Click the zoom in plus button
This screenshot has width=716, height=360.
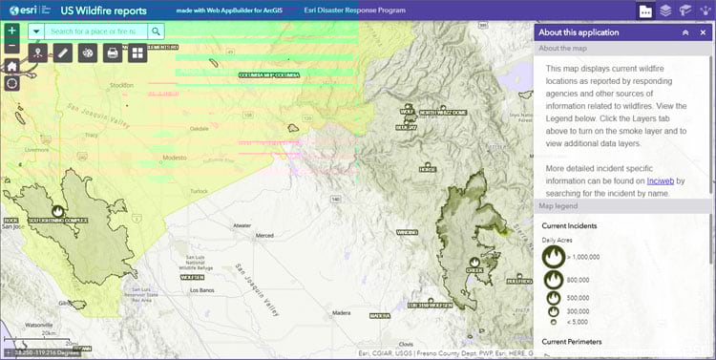[11, 32]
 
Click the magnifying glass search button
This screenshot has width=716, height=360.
[156, 32]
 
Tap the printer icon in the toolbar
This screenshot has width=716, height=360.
[113, 53]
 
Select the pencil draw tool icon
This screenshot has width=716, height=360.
[62, 53]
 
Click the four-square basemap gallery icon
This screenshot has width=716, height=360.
[137, 53]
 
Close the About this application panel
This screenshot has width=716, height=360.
[703, 32]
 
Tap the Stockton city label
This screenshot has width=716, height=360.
[120, 84]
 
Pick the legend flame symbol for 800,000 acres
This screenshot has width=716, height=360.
[553, 279]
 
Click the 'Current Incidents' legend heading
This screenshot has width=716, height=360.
[571, 225]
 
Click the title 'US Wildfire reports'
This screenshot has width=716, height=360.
[103, 11]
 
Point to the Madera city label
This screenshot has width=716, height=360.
[341, 311]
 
